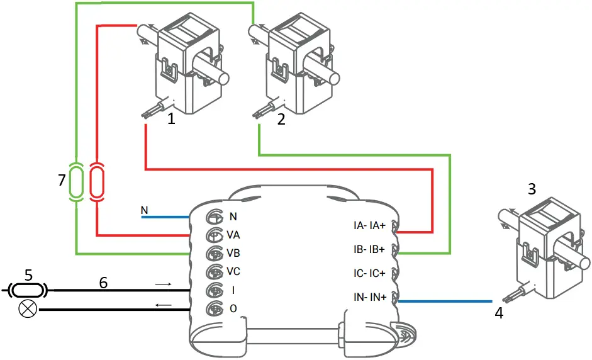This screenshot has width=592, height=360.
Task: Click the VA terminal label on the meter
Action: (x=233, y=235)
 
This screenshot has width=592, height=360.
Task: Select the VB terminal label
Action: (x=233, y=253)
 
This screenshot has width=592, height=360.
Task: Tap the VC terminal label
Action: (x=233, y=271)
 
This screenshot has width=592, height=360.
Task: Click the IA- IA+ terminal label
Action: (x=369, y=225)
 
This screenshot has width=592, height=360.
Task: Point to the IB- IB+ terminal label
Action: (x=369, y=249)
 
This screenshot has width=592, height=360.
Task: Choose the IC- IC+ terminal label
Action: (x=369, y=273)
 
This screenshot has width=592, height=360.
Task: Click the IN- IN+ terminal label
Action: (x=369, y=296)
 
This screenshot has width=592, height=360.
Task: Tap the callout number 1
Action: (x=170, y=120)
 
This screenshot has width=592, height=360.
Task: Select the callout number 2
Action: (x=281, y=120)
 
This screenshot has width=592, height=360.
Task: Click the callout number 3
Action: (x=532, y=189)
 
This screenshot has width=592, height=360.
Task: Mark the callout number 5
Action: (x=28, y=274)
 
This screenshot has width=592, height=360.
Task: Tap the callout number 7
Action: (x=61, y=181)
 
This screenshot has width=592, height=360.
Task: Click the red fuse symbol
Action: (x=97, y=182)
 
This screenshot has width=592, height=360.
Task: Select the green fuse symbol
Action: (x=75, y=182)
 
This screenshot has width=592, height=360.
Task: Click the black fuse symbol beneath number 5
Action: (x=28, y=290)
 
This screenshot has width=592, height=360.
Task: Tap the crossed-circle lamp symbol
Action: (x=28, y=310)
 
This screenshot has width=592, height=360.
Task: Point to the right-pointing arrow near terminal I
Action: (x=163, y=284)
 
